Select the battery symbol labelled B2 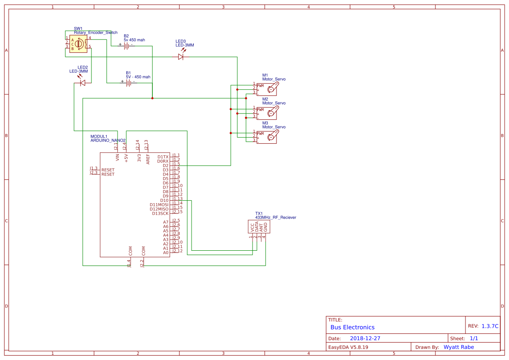(x=126, y=45)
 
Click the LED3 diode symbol (x=181, y=57)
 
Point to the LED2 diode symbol (x=82, y=83)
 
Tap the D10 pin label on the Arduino (x=164, y=200)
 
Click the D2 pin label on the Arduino (x=165, y=165)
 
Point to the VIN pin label (x=117, y=158)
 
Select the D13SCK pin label (x=160, y=213)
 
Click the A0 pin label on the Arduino (x=165, y=252)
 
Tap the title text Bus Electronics (x=352, y=327)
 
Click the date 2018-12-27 (x=365, y=338)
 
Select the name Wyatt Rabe (x=458, y=347)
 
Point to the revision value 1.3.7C (x=490, y=326)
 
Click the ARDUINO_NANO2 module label (x=108, y=141)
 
